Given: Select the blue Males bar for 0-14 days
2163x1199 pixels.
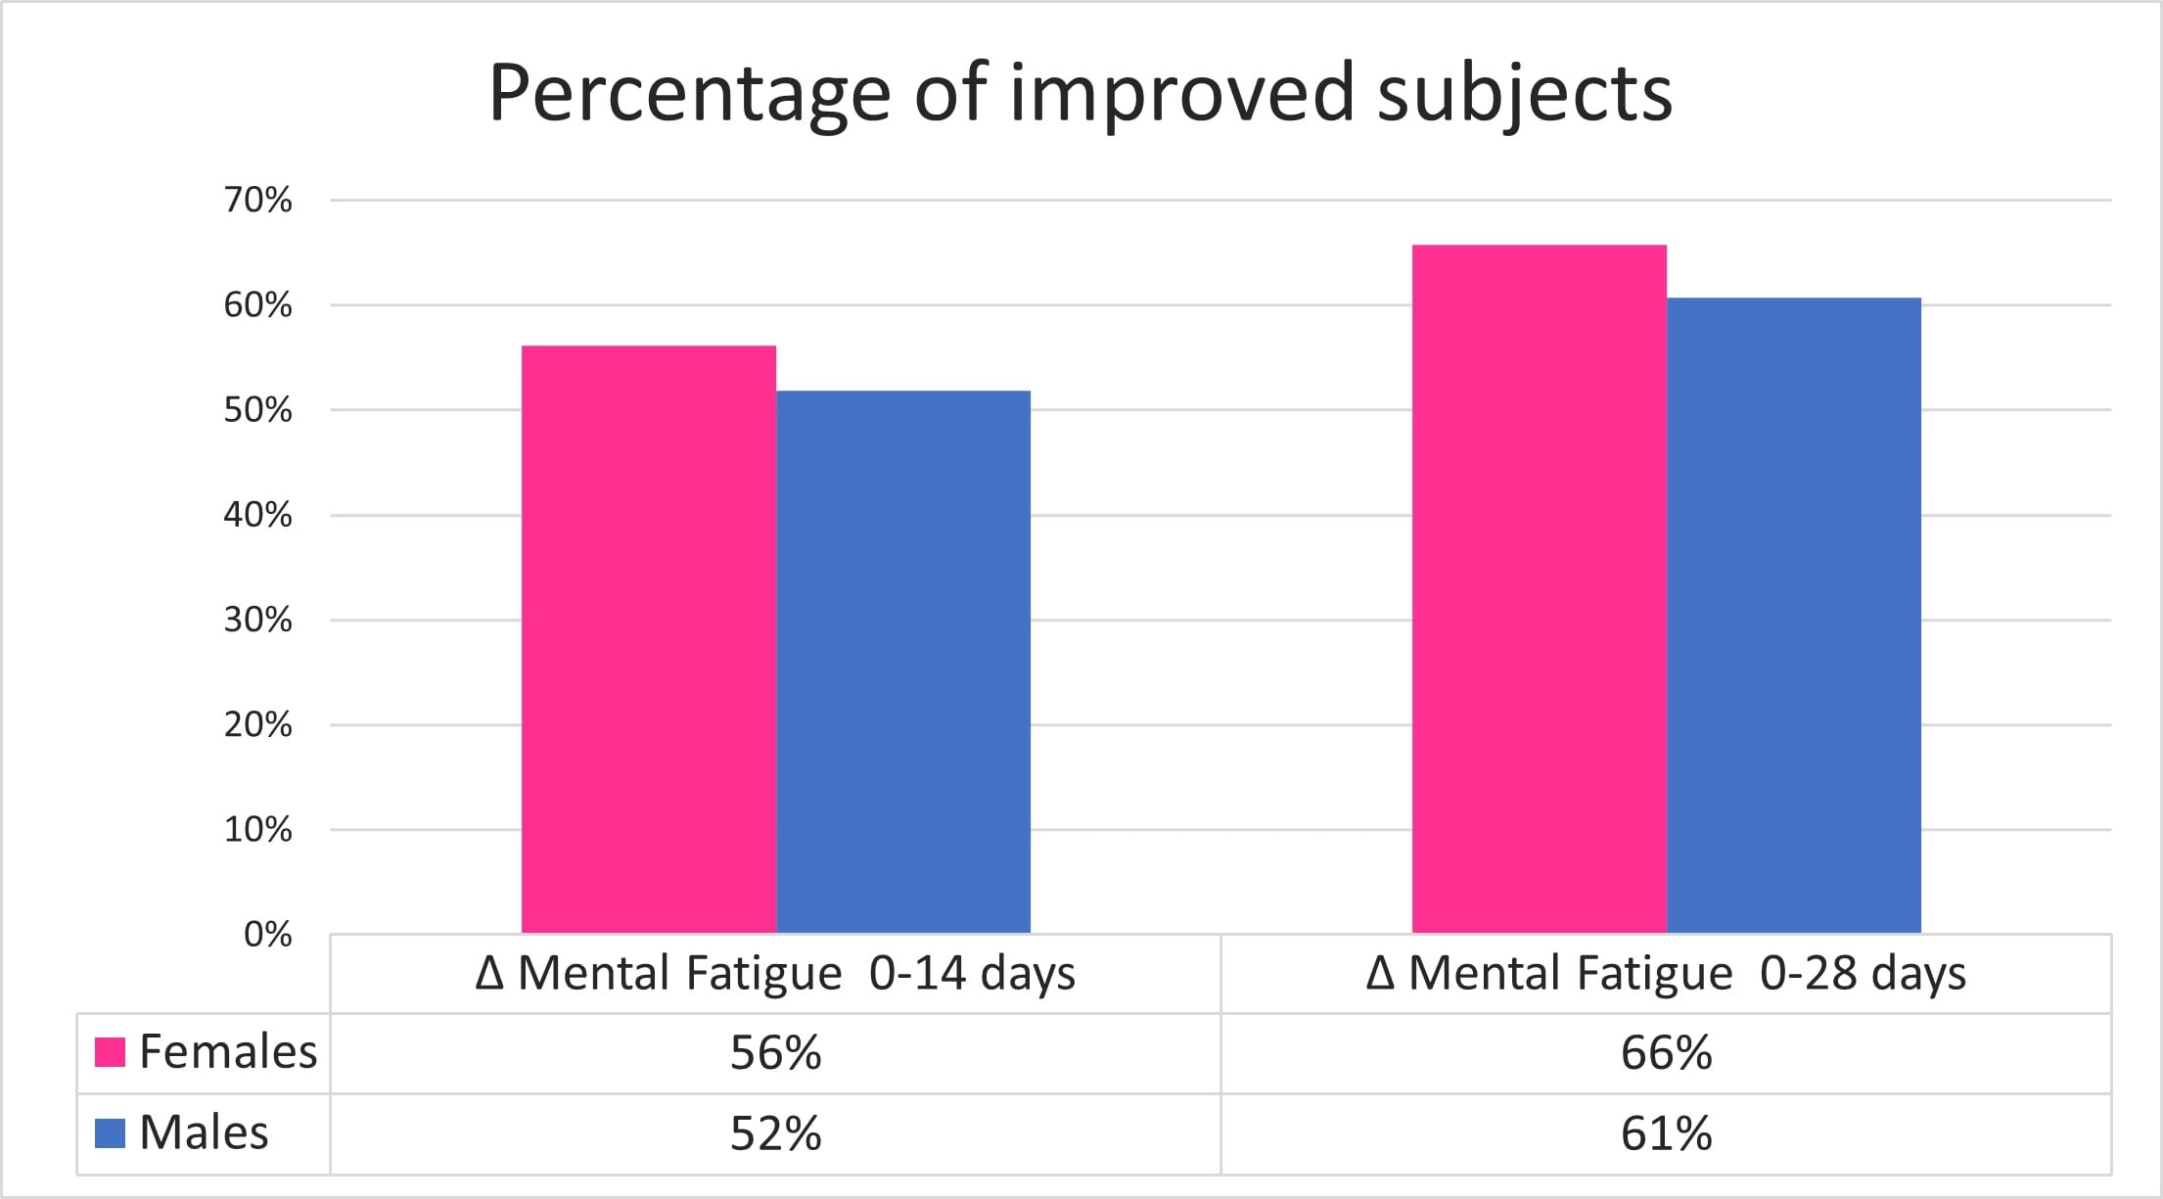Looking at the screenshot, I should coord(902,662).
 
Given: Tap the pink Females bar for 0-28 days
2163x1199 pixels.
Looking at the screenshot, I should coord(1539,588).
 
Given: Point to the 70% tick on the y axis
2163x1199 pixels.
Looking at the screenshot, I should coord(257,200).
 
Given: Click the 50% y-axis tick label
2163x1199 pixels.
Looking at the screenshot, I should coord(257,409).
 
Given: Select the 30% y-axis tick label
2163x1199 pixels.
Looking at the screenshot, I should coord(257,620).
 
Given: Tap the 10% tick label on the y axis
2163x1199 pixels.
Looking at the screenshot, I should coord(257,829).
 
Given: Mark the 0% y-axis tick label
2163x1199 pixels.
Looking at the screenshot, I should coord(267,934).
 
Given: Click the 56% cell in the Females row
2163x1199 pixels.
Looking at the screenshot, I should coord(775,1053).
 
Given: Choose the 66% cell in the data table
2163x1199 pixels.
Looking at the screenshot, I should coord(1666,1053).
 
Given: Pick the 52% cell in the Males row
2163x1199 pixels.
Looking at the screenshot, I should coord(775,1133).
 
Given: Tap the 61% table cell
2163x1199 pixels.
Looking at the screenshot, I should coord(1666,1133).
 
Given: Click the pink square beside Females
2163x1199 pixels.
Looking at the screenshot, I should coord(110,1052).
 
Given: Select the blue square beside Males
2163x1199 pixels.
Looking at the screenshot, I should coord(110,1133).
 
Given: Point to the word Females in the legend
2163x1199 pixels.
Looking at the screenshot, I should coord(228,1052).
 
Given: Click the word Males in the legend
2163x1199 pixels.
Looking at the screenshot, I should coord(204,1133).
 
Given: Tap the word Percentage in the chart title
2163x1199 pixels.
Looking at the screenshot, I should coord(689,94).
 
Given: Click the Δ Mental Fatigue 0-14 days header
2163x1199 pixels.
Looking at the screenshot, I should coord(775,974).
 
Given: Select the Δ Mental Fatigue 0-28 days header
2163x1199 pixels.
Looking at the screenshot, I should coord(1666,974).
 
